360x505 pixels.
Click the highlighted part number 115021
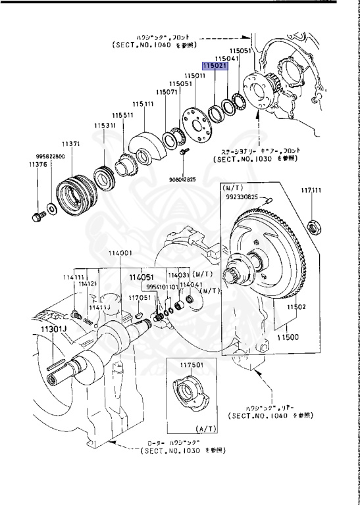click(x=215, y=66)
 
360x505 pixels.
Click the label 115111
click(x=143, y=104)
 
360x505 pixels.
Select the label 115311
click(x=104, y=125)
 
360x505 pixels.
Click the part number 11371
click(x=71, y=143)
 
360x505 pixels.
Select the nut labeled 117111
click(x=315, y=228)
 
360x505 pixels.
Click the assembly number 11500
click(x=288, y=337)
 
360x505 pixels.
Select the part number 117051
click(x=139, y=297)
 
